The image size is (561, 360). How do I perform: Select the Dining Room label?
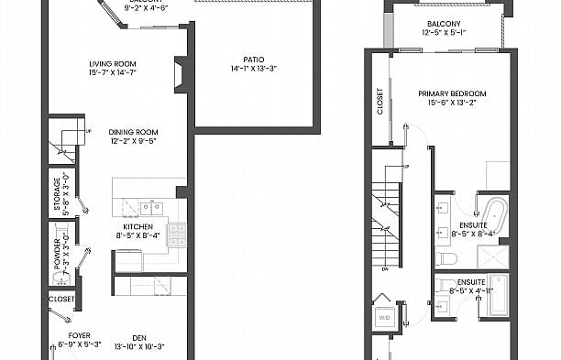(134, 131)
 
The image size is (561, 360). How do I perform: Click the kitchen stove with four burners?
(177, 233)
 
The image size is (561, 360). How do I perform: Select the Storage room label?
(57, 195)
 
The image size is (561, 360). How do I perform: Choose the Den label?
(139, 335)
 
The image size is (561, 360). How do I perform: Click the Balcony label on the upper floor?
(444, 25)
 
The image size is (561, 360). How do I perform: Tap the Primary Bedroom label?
(451, 93)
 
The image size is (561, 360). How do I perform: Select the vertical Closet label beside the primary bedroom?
(380, 102)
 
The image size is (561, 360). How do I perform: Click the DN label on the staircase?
(386, 269)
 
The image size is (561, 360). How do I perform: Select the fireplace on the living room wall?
(181, 74)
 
